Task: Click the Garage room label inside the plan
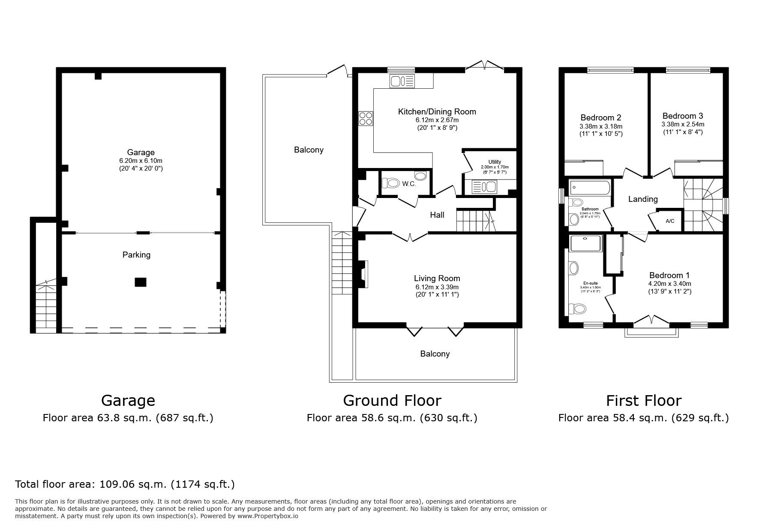coord(141,152)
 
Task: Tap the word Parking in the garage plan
coord(136,255)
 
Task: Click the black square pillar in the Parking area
coord(141,282)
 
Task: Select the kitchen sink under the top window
coord(402,81)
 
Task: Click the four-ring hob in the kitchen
coord(366,118)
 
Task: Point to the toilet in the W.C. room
coord(390,183)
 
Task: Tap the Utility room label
coord(495,162)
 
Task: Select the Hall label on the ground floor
coord(437,215)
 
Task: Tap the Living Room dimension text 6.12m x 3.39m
coord(437,287)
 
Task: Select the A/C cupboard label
coord(670,221)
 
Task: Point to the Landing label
coord(642,199)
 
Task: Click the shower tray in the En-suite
coord(586,243)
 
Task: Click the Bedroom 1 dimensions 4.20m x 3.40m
coord(669,284)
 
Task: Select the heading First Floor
coord(643,401)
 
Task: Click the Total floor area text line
coord(125,484)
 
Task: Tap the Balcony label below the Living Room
coord(435,354)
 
